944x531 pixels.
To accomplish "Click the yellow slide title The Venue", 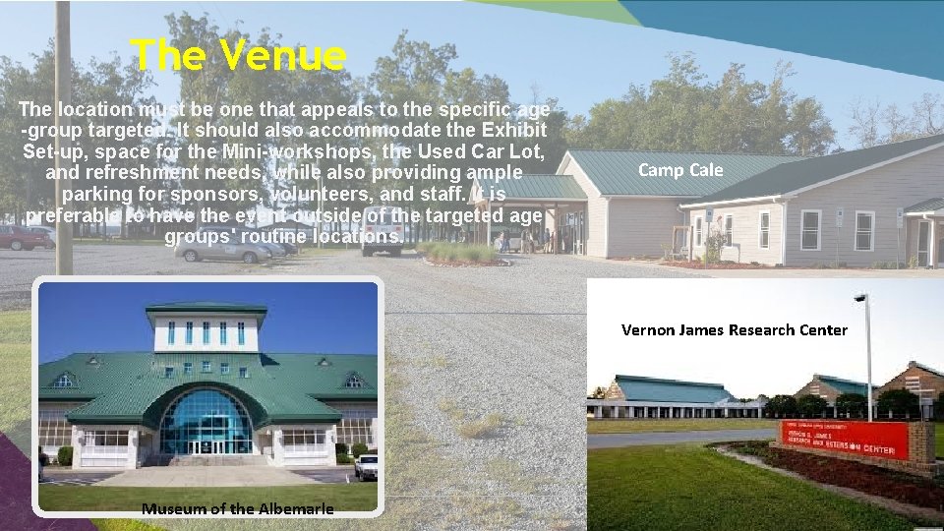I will (x=238, y=56).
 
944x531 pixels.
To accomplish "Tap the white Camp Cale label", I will (x=680, y=170).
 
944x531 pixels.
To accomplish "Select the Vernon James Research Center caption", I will (x=734, y=329).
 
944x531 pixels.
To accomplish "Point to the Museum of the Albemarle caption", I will (x=237, y=508).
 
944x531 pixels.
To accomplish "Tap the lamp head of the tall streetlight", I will (x=859, y=297).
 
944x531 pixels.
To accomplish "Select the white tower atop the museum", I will (x=206, y=329).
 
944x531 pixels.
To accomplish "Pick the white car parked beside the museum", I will (x=367, y=466).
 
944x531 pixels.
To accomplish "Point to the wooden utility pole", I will (x=63, y=138).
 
